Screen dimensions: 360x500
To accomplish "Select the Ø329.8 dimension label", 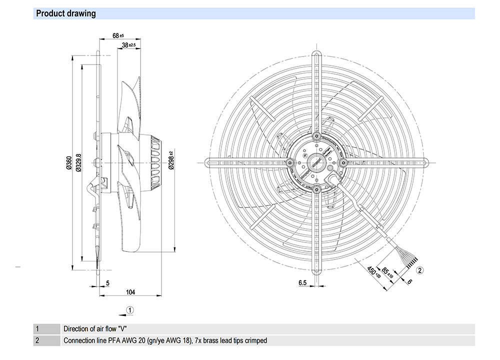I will pos(78,162).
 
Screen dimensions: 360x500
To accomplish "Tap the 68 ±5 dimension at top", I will pos(118,36).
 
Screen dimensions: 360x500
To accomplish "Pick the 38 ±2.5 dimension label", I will pos(129,45).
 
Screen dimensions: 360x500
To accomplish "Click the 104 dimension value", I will pos(130,292).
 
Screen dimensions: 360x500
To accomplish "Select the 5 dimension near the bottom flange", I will pos(108,283).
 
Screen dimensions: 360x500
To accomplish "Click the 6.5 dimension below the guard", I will pos(302,283).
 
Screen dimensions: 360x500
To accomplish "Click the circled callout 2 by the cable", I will pos(420,270).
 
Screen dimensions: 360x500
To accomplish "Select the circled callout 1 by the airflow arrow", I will pos(129,310).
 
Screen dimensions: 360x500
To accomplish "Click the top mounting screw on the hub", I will pos(316,136).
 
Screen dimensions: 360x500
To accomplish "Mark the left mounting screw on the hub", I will pos(290,162).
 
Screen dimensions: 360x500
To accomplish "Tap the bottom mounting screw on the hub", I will pos(316,188).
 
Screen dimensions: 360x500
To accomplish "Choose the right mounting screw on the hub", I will pos(342,162).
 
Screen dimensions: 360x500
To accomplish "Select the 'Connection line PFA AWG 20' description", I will pos(165,340).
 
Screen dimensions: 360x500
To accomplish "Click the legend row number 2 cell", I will pos(37,340).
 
